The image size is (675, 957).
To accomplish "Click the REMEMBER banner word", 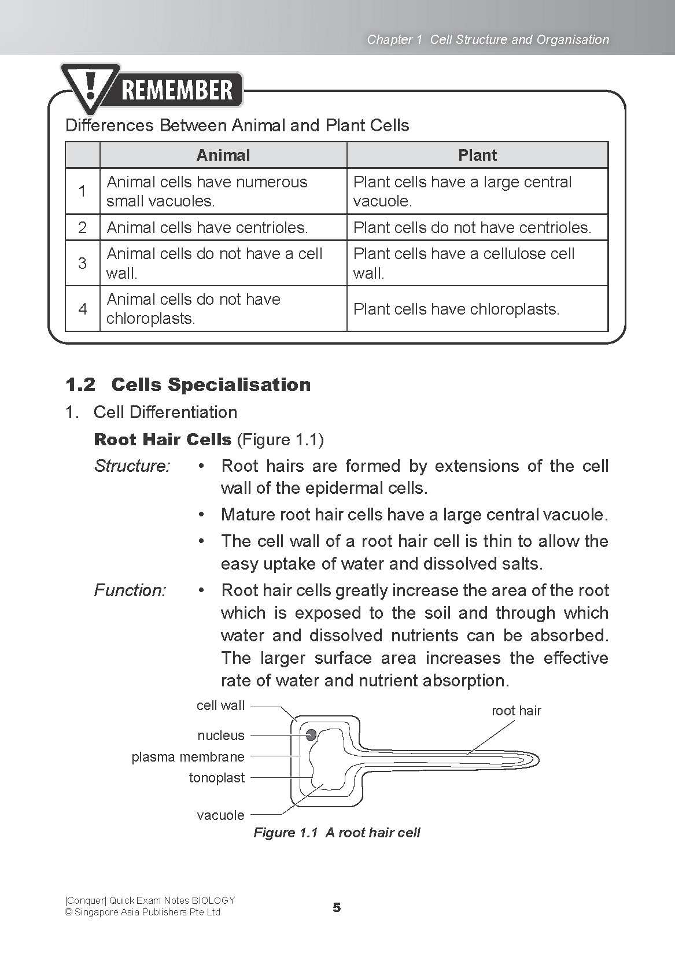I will point(178,90).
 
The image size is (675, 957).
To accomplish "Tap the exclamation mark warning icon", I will point(90,88).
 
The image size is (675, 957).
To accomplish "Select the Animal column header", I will point(223,155).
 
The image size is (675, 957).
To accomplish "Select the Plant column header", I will point(477,155).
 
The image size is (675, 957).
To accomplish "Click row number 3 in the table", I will point(83,263).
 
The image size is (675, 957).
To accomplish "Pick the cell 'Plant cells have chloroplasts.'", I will point(456,309).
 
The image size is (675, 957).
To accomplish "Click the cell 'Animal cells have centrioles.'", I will point(207,227).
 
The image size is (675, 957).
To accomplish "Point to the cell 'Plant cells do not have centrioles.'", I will point(472,227).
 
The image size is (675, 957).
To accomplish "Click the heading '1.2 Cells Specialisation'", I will point(188,385).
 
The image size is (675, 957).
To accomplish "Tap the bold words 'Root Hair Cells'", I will point(163,439).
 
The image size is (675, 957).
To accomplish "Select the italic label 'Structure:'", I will point(132,466).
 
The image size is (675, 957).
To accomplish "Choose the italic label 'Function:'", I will point(130,590).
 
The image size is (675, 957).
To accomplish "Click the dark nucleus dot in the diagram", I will point(311,735).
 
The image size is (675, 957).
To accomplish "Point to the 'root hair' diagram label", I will point(516,711).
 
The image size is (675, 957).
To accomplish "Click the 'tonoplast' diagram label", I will point(217,778).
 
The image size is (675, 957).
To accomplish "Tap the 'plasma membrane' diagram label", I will point(188,757).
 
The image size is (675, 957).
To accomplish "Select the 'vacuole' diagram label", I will point(220,815).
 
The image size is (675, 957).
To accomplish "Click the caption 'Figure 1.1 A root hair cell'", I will point(337,833).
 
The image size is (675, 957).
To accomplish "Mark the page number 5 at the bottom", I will point(337,908).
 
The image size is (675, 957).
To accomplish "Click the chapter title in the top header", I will point(488,39).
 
